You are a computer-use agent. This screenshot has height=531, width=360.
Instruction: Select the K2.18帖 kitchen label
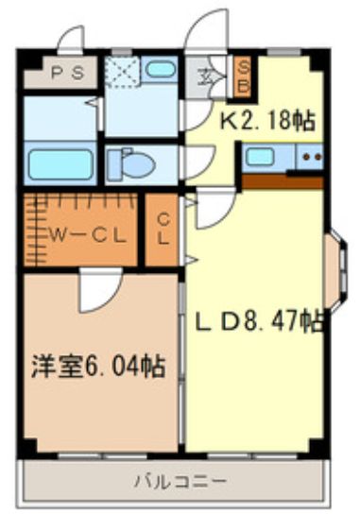tap(267, 120)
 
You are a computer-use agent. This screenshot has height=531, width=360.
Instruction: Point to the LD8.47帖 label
tap(260, 322)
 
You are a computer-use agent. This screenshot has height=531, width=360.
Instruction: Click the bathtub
tap(60, 163)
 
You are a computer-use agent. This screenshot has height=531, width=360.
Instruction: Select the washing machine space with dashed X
tap(122, 72)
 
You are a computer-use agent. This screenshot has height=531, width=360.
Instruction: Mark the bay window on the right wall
tap(334, 271)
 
